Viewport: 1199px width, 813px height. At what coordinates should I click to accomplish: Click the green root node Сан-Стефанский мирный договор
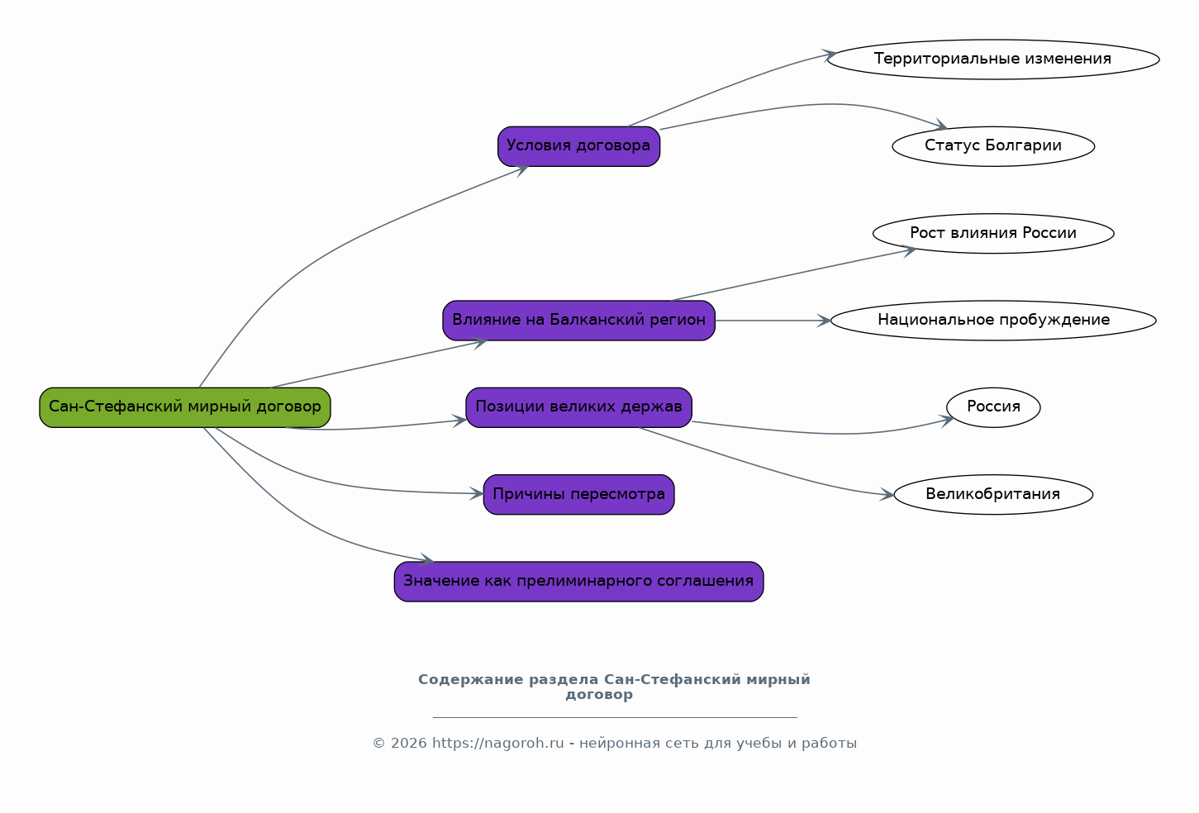[184, 407]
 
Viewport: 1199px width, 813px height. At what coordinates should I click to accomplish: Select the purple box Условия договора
[578, 146]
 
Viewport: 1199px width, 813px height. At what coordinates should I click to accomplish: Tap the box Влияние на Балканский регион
[578, 320]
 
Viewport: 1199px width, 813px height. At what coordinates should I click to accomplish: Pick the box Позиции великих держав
[578, 407]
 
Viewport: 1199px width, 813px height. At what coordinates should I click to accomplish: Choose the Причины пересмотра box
[578, 495]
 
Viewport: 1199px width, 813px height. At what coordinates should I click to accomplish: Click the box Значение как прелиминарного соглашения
[578, 582]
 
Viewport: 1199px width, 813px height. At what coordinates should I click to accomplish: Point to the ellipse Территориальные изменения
[993, 59]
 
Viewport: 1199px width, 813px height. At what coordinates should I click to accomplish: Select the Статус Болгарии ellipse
[993, 146]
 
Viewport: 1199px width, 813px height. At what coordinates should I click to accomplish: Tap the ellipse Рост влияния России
[993, 233]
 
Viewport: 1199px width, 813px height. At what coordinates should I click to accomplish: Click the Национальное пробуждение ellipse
[993, 320]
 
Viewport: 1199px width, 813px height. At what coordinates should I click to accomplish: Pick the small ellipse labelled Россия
[993, 407]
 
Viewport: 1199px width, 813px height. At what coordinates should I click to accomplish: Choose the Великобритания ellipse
[993, 495]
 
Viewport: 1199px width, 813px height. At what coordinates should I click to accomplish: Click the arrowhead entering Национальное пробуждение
[824, 321]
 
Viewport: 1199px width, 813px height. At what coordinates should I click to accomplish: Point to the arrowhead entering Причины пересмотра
[477, 494]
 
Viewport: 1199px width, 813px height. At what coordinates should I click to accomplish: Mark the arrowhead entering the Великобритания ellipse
[887, 495]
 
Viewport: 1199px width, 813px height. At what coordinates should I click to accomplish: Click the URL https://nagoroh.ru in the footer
[497, 744]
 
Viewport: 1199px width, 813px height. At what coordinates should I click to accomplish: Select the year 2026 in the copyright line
[408, 744]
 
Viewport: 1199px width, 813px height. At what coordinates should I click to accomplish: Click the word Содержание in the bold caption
[470, 680]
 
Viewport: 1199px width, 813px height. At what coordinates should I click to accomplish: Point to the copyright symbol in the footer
[378, 744]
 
